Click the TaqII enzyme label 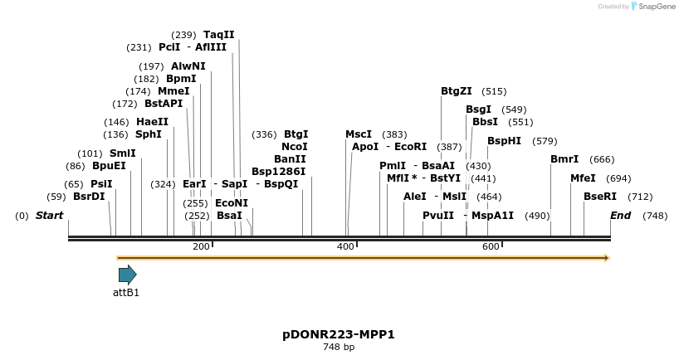(219, 35)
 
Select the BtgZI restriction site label (456, 91)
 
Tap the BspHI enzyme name (504, 141)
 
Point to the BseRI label (600, 197)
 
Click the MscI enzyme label (359, 134)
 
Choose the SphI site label (149, 134)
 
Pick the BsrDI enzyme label (90, 197)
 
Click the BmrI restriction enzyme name (564, 159)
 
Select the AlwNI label (188, 66)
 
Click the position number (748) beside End (655, 216)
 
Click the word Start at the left (49, 216)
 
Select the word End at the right (620, 216)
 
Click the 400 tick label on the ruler (346, 246)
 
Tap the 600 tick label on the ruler (491, 246)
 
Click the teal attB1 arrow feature (127, 275)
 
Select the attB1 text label (126, 292)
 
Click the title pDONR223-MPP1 (339, 335)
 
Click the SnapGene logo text (656, 7)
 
